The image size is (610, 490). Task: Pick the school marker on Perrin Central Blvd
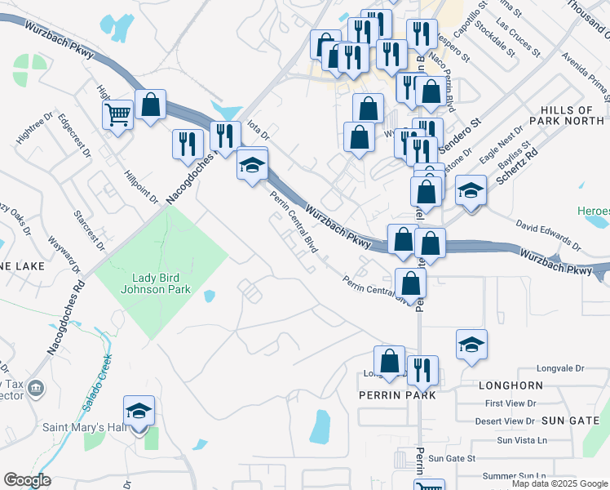click(x=252, y=165)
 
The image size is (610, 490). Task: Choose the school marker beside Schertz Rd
click(x=470, y=191)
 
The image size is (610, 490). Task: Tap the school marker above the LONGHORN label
click(x=471, y=345)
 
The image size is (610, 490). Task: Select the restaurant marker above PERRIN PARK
click(x=422, y=370)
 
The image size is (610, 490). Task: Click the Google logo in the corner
click(x=27, y=480)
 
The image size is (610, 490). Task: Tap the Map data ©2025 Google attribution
click(x=559, y=484)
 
